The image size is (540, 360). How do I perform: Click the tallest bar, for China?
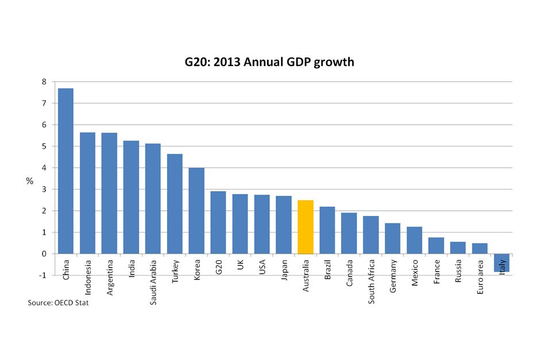pyautogui.click(x=65, y=171)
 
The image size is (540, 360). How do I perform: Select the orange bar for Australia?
pyautogui.click(x=306, y=227)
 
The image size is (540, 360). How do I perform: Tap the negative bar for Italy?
pyautogui.click(x=502, y=262)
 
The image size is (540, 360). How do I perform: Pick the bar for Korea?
pyautogui.click(x=196, y=211)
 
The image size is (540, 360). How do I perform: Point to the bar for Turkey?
pyautogui.click(x=175, y=204)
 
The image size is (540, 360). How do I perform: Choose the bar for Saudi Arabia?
pyautogui.click(x=153, y=199)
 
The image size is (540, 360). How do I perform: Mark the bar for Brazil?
pyautogui.click(x=327, y=230)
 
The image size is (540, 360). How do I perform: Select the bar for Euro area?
pyautogui.click(x=480, y=249)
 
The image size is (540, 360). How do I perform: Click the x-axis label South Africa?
pyautogui.click(x=371, y=282)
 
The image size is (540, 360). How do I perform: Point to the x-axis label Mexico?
pyautogui.click(x=415, y=272)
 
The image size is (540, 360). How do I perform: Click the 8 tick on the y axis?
pyautogui.click(x=44, y=82)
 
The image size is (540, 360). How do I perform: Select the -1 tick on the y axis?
pyautogui.click(x=42, y=276)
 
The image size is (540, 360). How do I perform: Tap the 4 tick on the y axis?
pyautogui.click(x=44, y=168)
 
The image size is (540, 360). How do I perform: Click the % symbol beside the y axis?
pyautogui.click(x=30, y=181)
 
